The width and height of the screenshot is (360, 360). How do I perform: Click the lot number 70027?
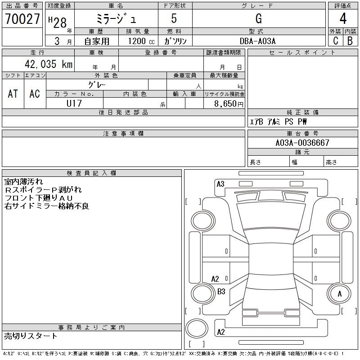click(22, 19)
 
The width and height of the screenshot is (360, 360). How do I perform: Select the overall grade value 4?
click(343, 19)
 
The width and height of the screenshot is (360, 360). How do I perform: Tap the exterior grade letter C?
click(335, 40)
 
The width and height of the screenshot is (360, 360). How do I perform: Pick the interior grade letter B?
click(350, 40)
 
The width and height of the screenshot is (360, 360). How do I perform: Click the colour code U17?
click(74, 103)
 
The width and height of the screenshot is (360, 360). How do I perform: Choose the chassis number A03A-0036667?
click(302, 143)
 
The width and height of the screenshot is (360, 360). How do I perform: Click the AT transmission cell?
click(13, 94)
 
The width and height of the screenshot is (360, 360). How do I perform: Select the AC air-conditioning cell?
click(35, 94)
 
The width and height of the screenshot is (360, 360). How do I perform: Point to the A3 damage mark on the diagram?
click(220, 184)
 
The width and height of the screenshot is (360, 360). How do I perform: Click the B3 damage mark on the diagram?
click(221, 292)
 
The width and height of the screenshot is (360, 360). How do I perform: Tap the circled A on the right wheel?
click(340, 293)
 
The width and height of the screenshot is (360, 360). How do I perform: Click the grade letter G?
click(258, 19)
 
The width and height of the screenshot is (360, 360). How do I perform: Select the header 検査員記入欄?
click(91, 173)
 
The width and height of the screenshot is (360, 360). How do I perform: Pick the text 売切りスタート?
click(31, 336)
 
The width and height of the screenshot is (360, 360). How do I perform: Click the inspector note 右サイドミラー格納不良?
click(47, 206)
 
